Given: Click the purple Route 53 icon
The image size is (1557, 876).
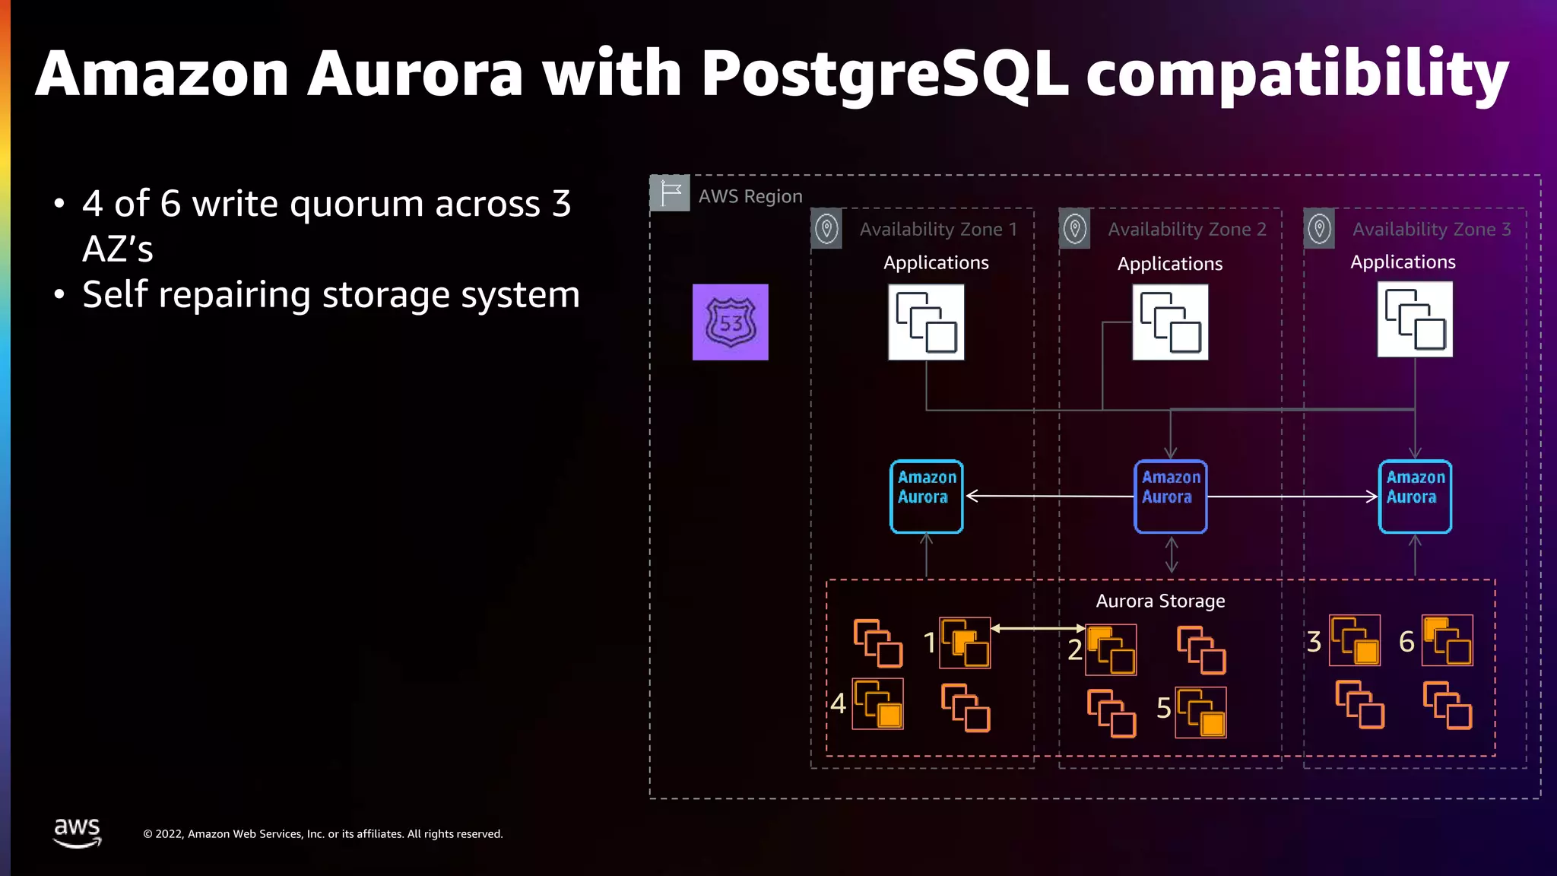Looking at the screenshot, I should coord(730,322).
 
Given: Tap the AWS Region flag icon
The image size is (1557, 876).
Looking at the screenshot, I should coord(670,193).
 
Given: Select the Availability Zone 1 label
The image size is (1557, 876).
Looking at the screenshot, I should coord(938,229).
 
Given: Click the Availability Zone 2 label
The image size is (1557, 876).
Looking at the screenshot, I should coord(1187,229).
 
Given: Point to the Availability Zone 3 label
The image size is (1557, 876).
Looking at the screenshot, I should coord(1432,229).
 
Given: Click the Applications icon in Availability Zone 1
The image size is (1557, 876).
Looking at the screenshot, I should coord(926,322).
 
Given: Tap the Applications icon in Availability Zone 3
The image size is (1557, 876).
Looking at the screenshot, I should coord(1415,319).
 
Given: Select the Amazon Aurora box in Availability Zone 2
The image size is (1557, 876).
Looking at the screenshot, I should coord(1171,496).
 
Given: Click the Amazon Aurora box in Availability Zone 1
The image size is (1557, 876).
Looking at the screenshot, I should coord(926,496).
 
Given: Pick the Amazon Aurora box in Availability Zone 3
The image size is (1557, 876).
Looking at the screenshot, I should coord(1415,496).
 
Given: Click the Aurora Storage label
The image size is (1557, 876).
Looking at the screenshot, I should coord(1160,601).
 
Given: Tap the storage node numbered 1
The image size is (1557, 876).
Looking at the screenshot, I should coord(965,643).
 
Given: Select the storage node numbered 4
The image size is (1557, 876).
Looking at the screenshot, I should coord(877,703).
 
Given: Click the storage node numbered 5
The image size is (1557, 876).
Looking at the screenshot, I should coord(1200,713).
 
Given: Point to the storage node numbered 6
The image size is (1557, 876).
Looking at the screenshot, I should coord(1447,640).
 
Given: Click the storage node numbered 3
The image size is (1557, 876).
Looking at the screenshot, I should coord(1354,640).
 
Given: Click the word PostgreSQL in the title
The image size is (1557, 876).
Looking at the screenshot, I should coord(884,74).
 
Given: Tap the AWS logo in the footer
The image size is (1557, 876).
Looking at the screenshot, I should coord(77,833).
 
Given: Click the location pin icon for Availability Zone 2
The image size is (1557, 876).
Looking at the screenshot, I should coord(1075,228).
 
